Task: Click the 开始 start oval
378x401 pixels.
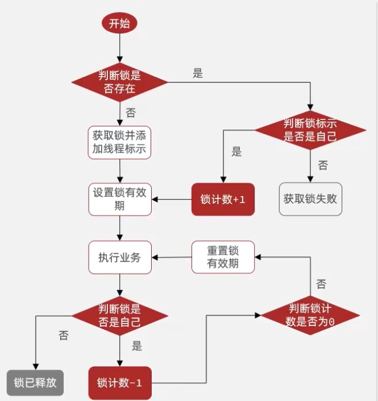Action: pos(119,23)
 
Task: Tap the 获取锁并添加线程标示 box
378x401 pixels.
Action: pos(119,143)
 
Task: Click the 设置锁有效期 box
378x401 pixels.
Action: pos(119,199)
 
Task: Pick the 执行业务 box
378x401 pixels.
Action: pos(119,258)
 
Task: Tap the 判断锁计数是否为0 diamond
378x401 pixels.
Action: pos(310,315)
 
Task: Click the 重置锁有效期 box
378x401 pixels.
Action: pos(223,257)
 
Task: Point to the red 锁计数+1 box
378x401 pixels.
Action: pos(223,199)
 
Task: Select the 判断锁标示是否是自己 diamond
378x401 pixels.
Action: pos(310,130)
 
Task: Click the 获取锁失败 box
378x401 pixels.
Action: pos(310,199)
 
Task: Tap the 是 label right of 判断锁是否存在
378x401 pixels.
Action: pos(198,73)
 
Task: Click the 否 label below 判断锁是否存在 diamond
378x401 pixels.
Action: pos(131,112)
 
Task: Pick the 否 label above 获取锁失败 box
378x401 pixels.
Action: pos(323,166)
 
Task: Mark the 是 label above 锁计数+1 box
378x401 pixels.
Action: pos(237,152)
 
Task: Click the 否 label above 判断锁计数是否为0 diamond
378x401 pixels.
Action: pos(321,284)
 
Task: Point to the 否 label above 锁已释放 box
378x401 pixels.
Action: pos(63,336)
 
